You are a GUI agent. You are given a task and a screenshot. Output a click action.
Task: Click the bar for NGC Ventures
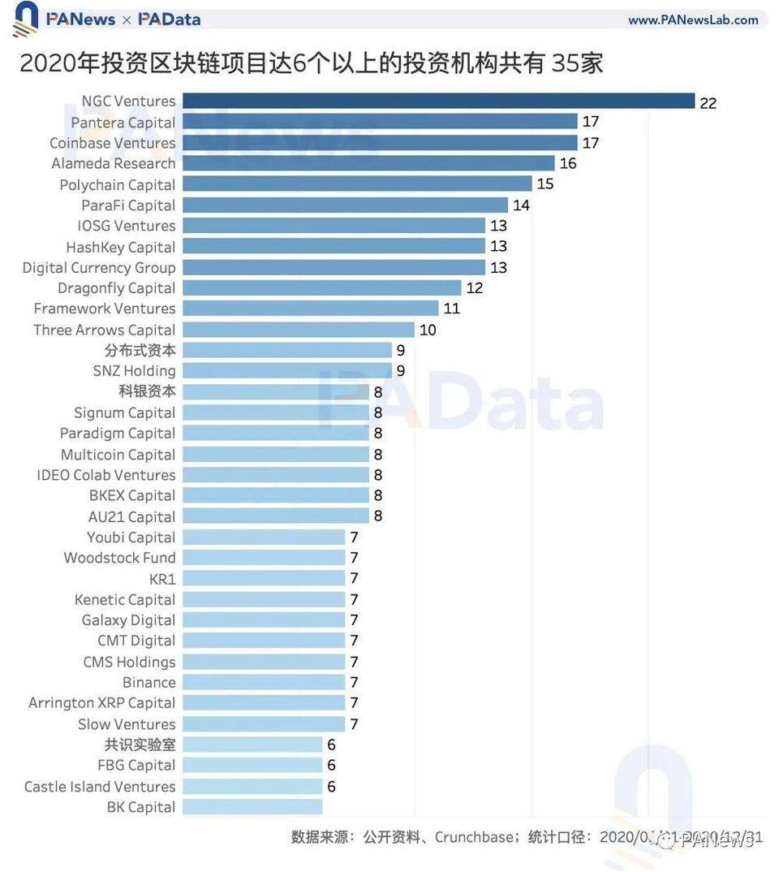click(438, 101)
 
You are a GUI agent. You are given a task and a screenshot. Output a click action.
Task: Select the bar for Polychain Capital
click(357, 184)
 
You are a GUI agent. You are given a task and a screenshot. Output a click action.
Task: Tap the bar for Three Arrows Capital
click(298, 330)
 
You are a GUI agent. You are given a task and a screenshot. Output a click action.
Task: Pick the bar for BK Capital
click(252, 807)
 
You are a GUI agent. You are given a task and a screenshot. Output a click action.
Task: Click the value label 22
click(708, 103)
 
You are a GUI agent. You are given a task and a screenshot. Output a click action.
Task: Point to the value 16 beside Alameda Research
click(568, 164)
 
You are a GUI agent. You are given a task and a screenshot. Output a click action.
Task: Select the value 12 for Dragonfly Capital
click(474, 288)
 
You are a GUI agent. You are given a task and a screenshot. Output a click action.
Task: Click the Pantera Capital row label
click(123, 123)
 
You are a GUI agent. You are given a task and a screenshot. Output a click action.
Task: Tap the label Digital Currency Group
click(99, 267)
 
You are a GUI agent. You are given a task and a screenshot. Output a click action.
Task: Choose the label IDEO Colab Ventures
click(105, 475)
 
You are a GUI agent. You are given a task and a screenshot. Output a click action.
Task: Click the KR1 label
click(162, 579)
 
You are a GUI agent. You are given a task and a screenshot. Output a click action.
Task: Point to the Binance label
click(148, 682)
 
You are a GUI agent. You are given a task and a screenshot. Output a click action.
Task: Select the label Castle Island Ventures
click(100, 786)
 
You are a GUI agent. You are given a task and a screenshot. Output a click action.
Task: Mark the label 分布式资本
click(140, 350)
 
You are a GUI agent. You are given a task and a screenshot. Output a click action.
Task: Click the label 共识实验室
click(140, 745)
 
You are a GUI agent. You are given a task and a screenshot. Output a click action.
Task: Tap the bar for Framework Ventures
click(310, 309)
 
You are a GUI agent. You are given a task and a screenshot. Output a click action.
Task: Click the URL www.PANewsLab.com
click(693, 19)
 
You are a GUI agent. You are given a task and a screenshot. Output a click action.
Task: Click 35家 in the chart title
click(578, 63)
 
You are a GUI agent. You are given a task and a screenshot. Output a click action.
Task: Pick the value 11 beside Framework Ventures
click(452, 309)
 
